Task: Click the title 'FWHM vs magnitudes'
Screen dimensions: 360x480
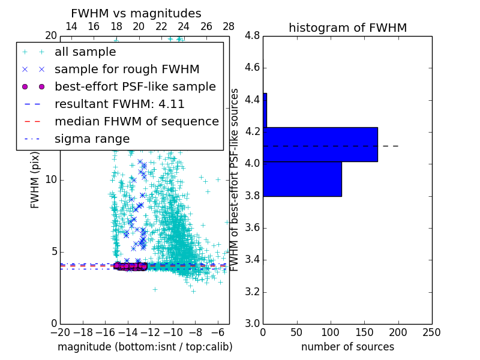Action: point(136,13)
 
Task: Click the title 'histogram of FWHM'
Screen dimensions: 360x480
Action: point(347,28)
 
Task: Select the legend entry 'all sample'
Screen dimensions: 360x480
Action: point(85,52)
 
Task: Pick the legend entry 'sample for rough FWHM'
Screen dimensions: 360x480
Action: point(127,70)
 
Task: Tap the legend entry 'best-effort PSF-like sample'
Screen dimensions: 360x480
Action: point(135,87)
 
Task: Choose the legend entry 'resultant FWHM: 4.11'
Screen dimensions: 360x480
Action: point(119,104)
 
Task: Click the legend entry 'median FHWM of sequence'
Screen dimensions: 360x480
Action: point(137,122)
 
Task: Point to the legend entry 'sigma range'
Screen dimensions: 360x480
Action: point(92,139)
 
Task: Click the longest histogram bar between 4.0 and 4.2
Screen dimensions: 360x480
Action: point(320,145)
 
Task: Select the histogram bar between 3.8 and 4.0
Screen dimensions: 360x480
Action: point(302,179)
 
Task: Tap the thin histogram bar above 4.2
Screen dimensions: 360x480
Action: point(265,110)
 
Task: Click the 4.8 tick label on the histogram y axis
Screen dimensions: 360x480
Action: point(251,36)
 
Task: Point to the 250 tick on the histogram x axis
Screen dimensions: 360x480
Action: point(431,332)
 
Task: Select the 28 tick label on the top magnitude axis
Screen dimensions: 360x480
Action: point(229,26)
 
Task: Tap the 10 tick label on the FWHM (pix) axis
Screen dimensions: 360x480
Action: point(52,180)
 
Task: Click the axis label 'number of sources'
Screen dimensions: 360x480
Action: point(347,347)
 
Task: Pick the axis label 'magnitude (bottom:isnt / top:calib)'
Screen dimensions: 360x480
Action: point(145,347)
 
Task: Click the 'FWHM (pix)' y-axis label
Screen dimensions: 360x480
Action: point(35,180)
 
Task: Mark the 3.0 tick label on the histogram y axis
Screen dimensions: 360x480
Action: point(251,323)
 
